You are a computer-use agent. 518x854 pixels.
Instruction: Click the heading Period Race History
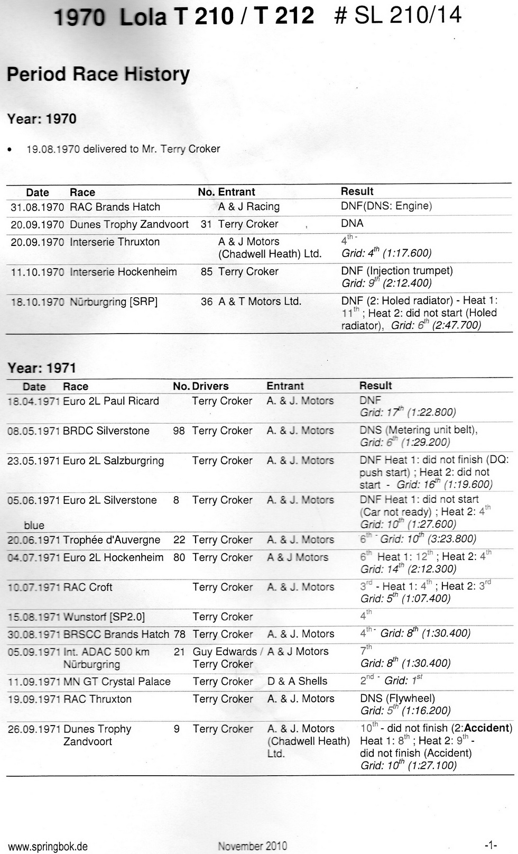[x=98, y=74]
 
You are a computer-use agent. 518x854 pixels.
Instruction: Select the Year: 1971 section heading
[x=42, y=368]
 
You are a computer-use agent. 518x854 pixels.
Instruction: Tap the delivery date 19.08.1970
[x=53, y=149]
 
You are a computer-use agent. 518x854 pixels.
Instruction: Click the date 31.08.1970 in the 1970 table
[x=37, y=207]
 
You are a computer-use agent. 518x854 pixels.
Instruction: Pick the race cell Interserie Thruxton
[x=115, y=242]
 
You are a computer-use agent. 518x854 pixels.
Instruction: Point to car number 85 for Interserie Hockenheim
[x=206, y=272]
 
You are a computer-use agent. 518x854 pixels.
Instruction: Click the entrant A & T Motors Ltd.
[x=260, y=301]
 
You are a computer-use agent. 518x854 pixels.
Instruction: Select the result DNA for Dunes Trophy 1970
[x=352, y=224]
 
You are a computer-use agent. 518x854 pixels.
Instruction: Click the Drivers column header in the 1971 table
[x=210, y=387]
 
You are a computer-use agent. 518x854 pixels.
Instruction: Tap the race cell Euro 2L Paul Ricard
[x=110, y=401]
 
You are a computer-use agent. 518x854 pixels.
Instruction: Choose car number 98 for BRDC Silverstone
[x=179, y=431]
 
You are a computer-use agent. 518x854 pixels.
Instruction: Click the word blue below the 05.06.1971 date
[x=34, y=525]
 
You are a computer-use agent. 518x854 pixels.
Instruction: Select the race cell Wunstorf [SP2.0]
[x=104, y=617]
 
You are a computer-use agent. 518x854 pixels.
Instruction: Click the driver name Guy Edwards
[x=225, y=652]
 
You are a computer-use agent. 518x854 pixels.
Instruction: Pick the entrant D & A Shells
[x=297, y=682]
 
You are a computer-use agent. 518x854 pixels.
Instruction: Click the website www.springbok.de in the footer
[x=48, y=847]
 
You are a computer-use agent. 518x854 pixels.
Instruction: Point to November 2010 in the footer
[x=252, y=846]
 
